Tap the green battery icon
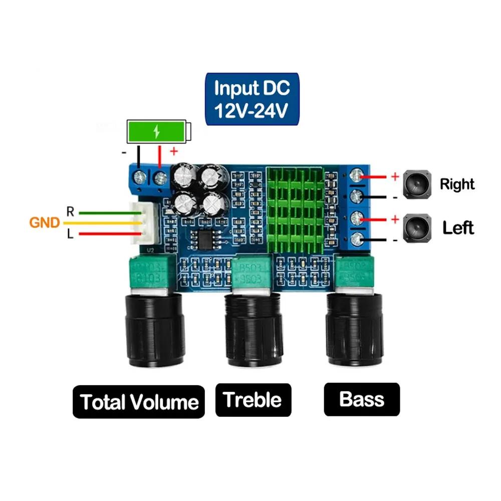[158, 131]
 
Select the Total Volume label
[139, 402]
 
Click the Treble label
[253, 400]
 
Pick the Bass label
[361, 399]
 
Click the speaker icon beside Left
[417, 227]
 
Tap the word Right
[457, 184]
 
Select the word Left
[458, 228]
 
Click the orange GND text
[45, 222]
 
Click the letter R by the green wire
[70, 212]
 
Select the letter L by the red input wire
[70, 234]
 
